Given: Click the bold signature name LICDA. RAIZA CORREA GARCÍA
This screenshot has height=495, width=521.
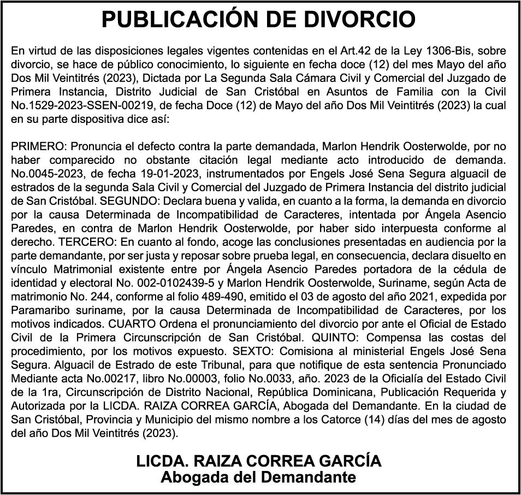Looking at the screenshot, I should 259,461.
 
